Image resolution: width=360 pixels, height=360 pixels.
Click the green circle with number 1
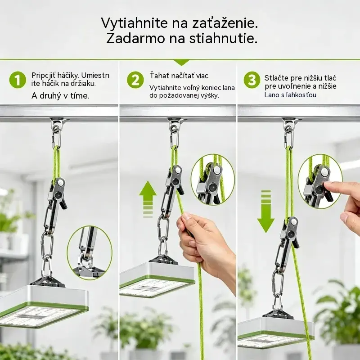click(18, 80)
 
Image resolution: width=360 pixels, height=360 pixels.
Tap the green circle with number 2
click(135, 80)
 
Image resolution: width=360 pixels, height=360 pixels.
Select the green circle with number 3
click(252, 80)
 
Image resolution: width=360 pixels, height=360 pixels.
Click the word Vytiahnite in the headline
click(134, 23)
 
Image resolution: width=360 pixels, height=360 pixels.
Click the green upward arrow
click(148, 199)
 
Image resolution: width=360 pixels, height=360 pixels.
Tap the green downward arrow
click(266, 211)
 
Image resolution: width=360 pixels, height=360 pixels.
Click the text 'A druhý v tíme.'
click(60, 96)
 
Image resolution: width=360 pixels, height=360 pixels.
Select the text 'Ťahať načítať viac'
click(179, 75)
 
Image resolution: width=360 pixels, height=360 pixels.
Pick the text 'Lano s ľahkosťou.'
click(291, 95)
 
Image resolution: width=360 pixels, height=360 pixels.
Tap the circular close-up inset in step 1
click(90, 253)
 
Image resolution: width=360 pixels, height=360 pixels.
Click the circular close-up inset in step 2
click(213, 179)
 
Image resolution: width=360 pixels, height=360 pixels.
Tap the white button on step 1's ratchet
click(61, 183)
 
